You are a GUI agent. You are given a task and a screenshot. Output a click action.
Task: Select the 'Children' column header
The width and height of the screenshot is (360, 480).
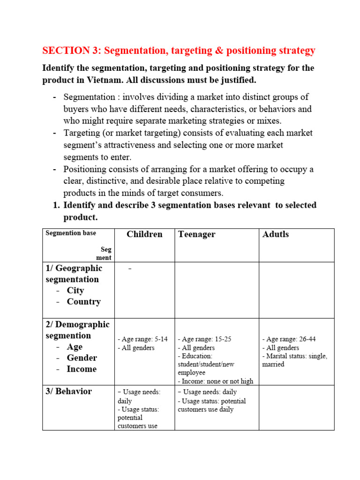[x=144, y=234]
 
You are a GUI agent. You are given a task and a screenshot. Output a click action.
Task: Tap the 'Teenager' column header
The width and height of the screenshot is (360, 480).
[x=196, y=234]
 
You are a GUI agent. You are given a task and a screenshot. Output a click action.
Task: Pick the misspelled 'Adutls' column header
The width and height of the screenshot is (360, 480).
[x=276, y=234]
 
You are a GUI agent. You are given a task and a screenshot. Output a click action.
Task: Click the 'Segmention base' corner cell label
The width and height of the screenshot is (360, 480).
[x=70, y=233]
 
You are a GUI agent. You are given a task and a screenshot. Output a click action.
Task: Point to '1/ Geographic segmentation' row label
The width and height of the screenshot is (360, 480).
[x=74, y=274]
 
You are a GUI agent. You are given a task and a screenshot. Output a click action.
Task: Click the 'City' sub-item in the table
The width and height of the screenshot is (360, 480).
[x=75, y=291]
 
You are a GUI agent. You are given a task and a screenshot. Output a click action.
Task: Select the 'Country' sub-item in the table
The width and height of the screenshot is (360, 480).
[x=83, y=302]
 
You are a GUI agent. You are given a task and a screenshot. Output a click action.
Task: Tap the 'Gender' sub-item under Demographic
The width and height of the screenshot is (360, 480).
[x=82, y=358]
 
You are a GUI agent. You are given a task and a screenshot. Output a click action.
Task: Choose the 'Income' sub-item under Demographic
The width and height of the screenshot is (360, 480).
[x=82, y=369]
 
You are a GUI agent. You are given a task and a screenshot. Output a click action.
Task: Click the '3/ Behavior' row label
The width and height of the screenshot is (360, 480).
[x=69, y=391]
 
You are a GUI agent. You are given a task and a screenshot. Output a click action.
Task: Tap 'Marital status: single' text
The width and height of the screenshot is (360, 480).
[x=294, y=356]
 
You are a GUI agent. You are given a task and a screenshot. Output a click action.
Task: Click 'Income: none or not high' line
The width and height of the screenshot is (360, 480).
[x=215, y=381]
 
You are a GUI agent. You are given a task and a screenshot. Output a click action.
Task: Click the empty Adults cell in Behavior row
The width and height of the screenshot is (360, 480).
[x=296, y=407]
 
